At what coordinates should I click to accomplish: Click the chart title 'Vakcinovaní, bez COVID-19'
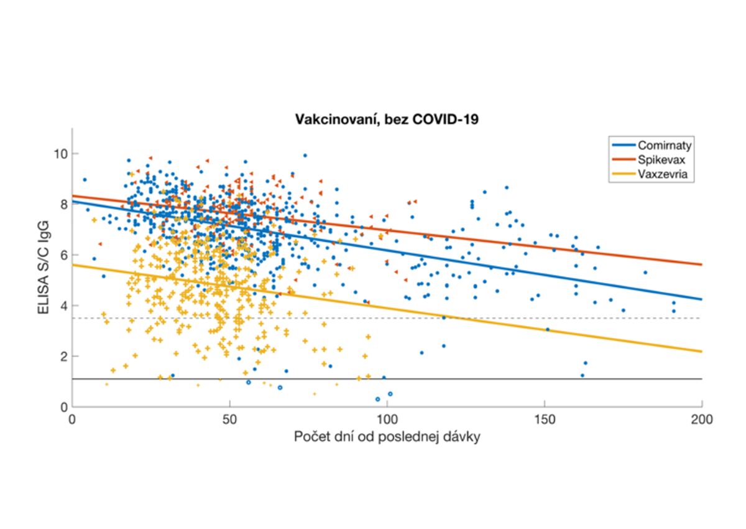(x=386, y=121)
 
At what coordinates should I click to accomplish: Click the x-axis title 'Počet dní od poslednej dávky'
(x=387, y=437)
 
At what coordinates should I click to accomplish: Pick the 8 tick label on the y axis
(x=62, y=204)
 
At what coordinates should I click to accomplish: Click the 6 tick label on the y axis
(x=62, y=255)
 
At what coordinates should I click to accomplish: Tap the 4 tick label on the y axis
(x=62, y=306)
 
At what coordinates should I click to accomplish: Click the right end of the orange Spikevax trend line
(x=701, y=264)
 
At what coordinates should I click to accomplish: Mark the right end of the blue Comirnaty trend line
(x=701, y=299)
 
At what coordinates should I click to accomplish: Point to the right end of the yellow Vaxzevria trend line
(x=701, y=352)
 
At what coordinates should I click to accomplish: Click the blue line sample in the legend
(x=624, y=146)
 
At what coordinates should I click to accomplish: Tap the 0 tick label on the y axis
(x=62, y=407)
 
